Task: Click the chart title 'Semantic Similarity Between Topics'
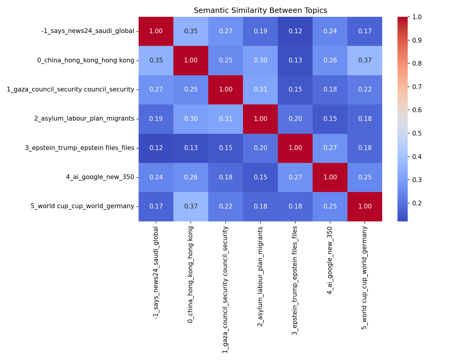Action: pyautogui.click(x=260, y=10)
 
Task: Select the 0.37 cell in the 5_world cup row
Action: pyautogui.click(x=190, y=206)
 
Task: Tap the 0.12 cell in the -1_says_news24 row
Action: pyautogui.click(x=295, y=31)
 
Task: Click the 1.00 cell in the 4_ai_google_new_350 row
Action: pyautogui.click(x=330, y=177)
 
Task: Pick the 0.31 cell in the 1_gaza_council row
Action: pyautogui.click(x=260, y=89)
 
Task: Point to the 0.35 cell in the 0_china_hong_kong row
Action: pyautogui.click(x=156, y=60)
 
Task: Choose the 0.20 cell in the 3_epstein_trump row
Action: pyautogui.click(x=260, y=148)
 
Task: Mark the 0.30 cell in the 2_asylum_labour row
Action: pyautogui.click(x=190, y=119)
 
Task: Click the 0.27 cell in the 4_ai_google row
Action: pyautogui.click(x=295, y=177)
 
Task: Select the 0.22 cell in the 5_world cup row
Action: pyautogui.click(x=225, y=206)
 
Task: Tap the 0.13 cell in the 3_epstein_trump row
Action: pyautogui.click(x=190, y=148)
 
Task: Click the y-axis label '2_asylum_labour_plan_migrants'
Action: pyautogui.click(x=84, y=119)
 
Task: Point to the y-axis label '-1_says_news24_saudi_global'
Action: pyautogui.click(x=88, y=31)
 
